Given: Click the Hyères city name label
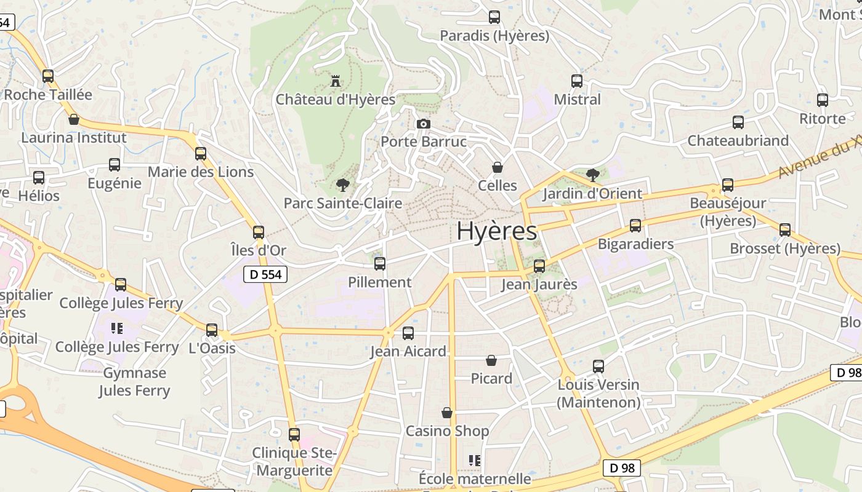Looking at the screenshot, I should pyautogui.click(x=496, y=232).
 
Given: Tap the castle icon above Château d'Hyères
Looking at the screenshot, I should pyautogui.click(x=336, y=81).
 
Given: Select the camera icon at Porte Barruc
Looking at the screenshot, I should pyautogui.click(x=423, y=124).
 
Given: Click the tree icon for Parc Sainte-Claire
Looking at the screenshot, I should pyautogui.click(x=342, y=184).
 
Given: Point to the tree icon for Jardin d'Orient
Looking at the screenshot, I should pyautogui.click(x=592, y=175).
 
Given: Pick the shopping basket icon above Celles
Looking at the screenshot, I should pyautogui.click(x=497, y=167).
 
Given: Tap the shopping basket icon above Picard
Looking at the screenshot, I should pyautogui.click(x=491, y=360).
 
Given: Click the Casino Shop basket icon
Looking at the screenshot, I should pyautogui.click(x=447, y=413).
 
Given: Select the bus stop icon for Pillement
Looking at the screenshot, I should pyautogui.click(x=380, y=264).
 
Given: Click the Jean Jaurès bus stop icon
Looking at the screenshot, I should pyautogui.click(x=539, y=266).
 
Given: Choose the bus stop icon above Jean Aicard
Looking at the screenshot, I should pyautogui.click(x=408, y=333).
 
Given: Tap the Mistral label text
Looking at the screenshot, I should pyautogui.click(x=577, y=100).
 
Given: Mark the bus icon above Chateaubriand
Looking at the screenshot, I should pyautogui.click(x=738, y=122).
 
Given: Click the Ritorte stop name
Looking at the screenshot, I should pyautogui.click(x=823, y=119).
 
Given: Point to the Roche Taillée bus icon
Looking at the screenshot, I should pyautogui.click(x=48, y=76).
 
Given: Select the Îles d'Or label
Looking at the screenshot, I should pyautogui.click(x=258, y=250).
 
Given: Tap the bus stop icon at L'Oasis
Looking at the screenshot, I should pyautogui.click(x=212, y=330).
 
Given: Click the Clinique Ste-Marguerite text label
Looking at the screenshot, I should pyautogui.click(x=294, y=462).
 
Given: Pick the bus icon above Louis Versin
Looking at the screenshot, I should pyautogui.click(x=598, y=367).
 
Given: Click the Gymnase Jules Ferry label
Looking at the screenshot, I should pyautogui.click(x=134, y=382).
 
